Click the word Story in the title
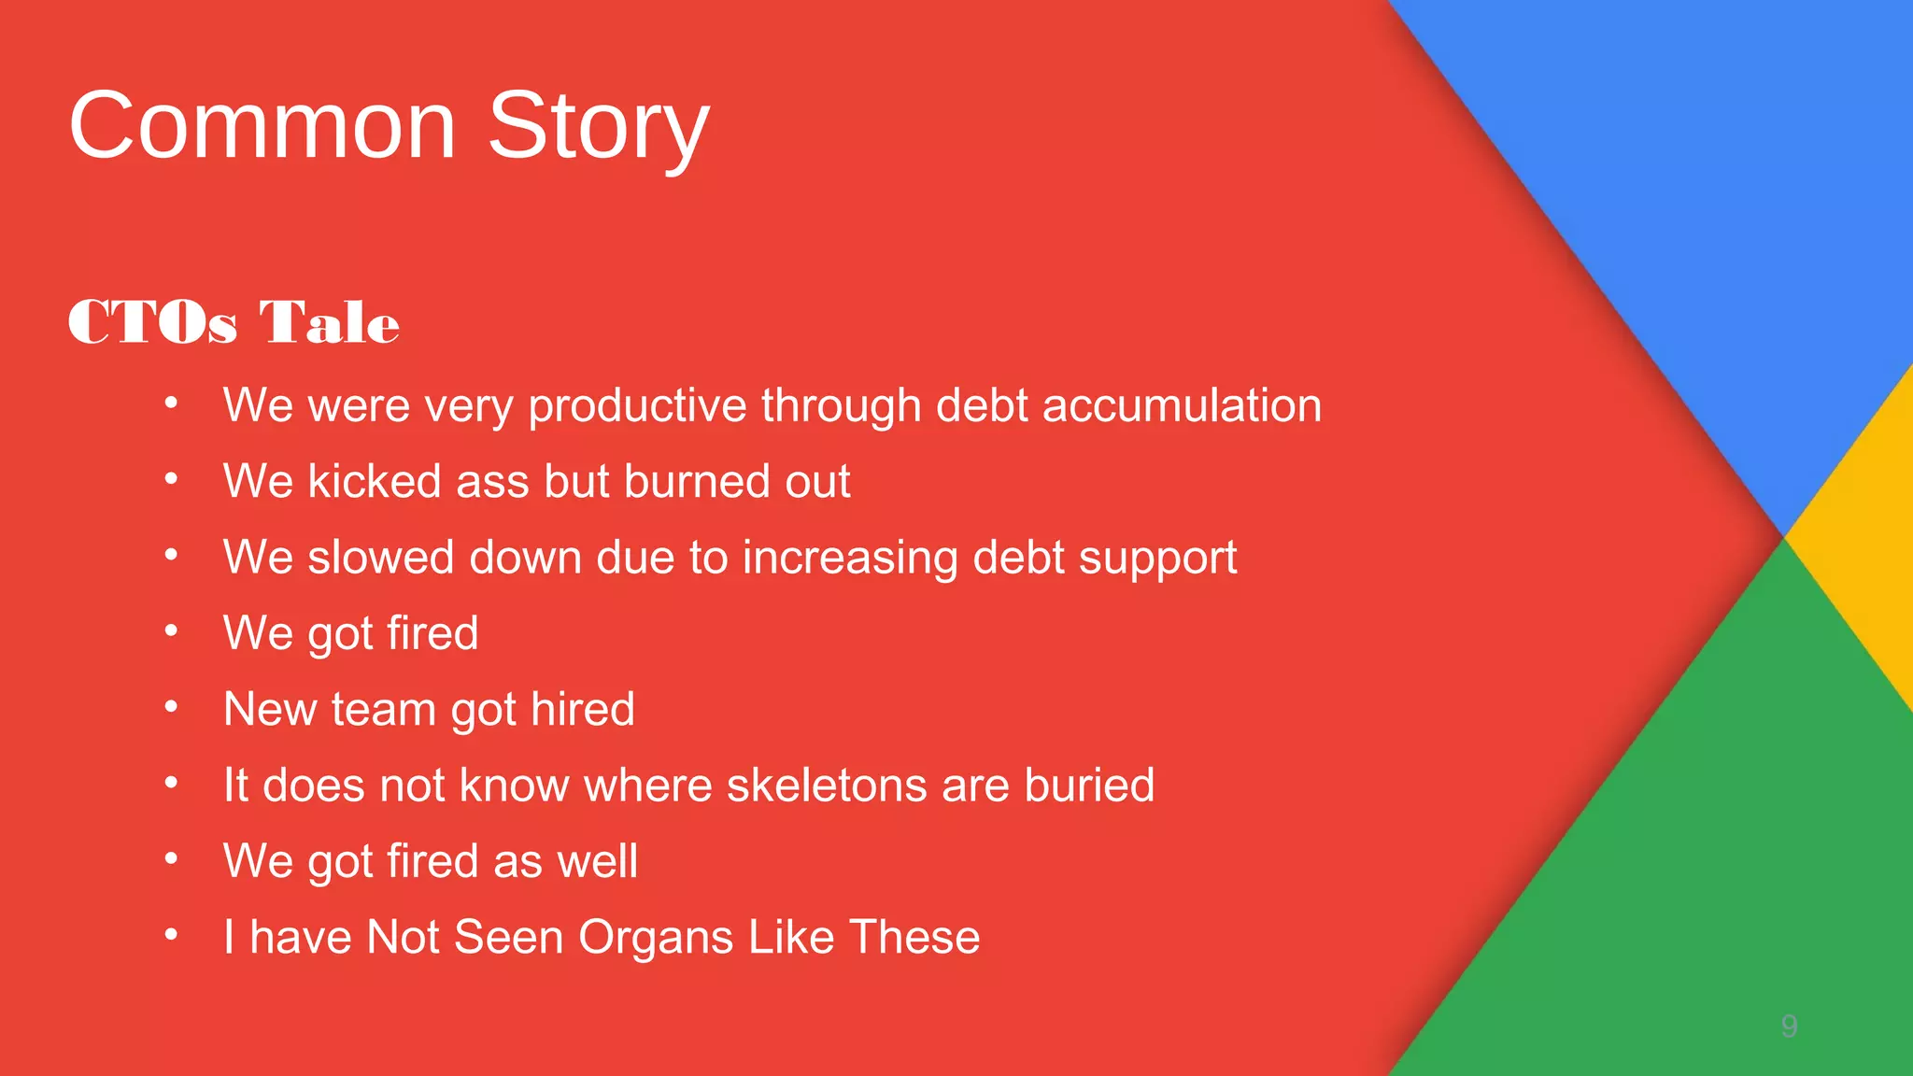(598, 126)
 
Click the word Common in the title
(262, 126)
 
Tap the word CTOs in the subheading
(152, 322)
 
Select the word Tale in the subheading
(330, 322)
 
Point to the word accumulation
(1182, 406)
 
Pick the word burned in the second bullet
(696, 482)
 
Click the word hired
(583, 709)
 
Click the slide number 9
(1789, 1026)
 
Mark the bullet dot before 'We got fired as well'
(171, 858)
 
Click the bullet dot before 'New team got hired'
(171, 707)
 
